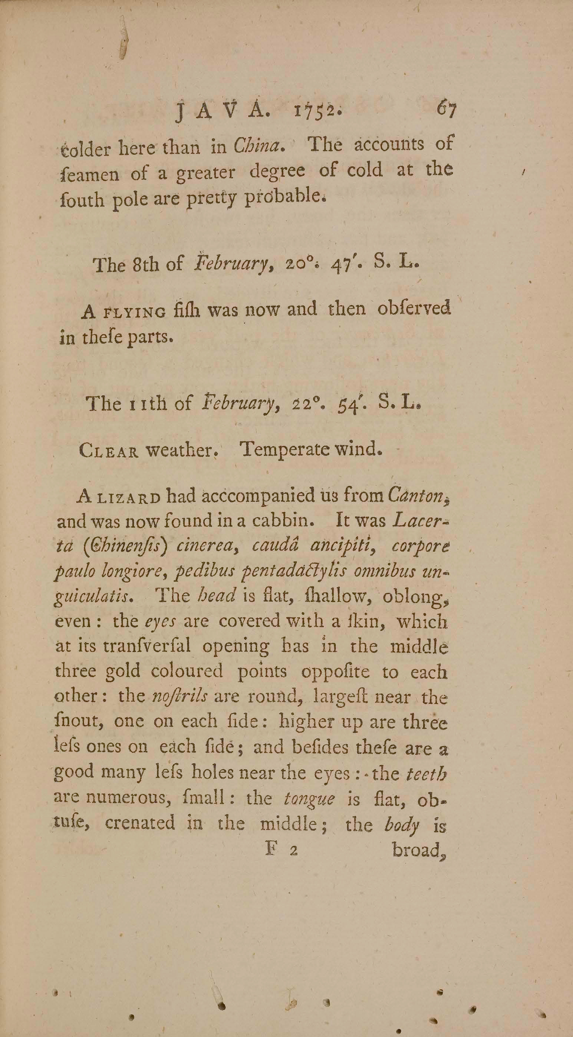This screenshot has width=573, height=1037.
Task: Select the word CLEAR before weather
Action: (x=109, y=451)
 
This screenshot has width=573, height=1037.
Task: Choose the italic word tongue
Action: (x=309, y=798)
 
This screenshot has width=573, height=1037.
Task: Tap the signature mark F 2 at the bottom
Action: (x=281, y=850)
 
